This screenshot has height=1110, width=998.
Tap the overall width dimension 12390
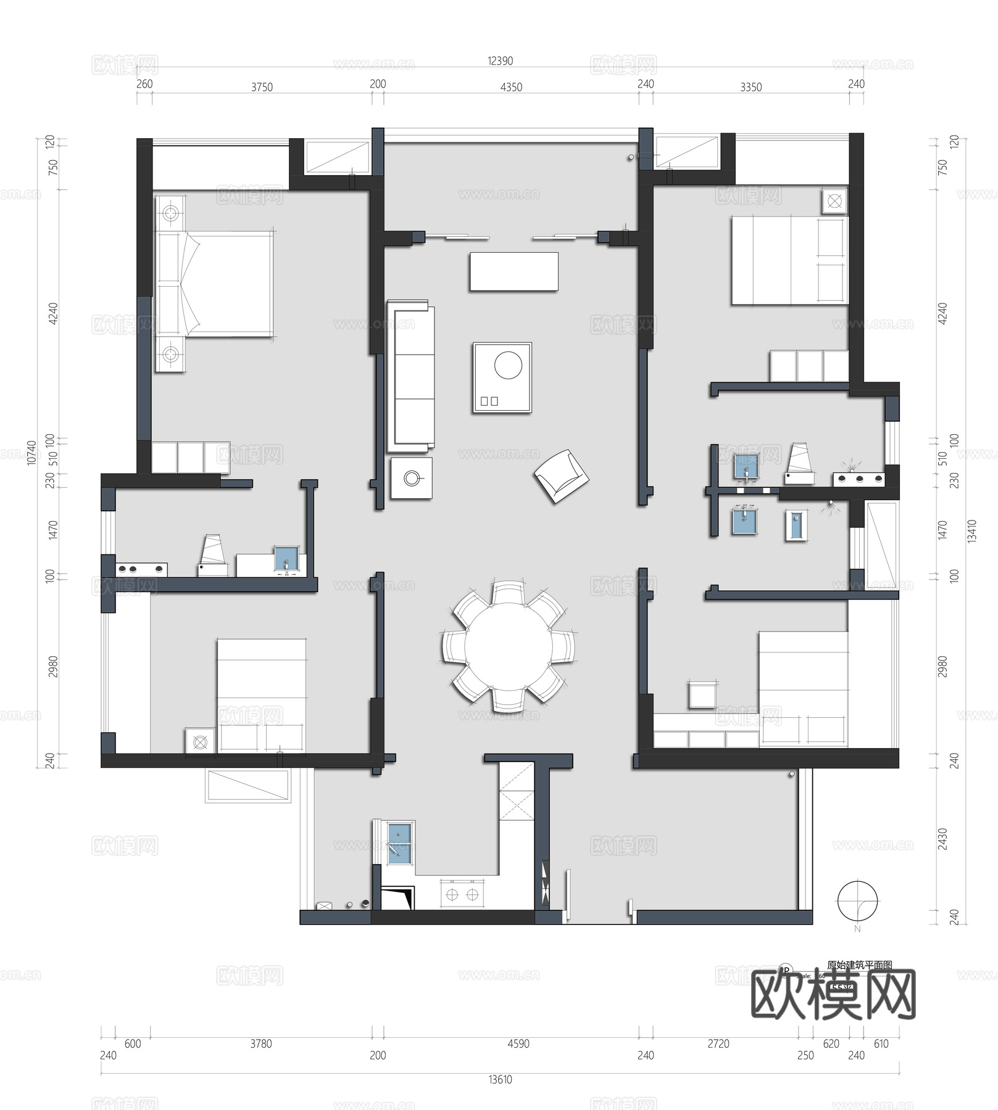point(500,61)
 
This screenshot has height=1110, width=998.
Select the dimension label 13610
point(500,1080)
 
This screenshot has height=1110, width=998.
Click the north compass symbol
point(857,902)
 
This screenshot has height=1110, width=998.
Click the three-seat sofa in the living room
point(411,376)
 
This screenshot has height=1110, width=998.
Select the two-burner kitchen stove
point(462,895)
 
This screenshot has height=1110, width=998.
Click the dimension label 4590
point(518,1044)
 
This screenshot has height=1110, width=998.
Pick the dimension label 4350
point(511,88)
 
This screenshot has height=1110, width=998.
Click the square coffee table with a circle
point(502,377)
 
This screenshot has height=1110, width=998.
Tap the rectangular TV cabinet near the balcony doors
point(514,271)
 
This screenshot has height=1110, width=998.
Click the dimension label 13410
point(972,531)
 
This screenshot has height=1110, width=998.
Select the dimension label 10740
point(31,453)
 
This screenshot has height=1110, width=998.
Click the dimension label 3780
point(260,1044)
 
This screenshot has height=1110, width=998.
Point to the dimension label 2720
point(718,1044)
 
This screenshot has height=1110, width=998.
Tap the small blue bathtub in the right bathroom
point(796,526)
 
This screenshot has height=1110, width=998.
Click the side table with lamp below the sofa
point(412,478)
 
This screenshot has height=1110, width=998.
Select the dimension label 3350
point(751,88)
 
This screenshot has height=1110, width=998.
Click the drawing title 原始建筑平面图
point(859,966)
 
